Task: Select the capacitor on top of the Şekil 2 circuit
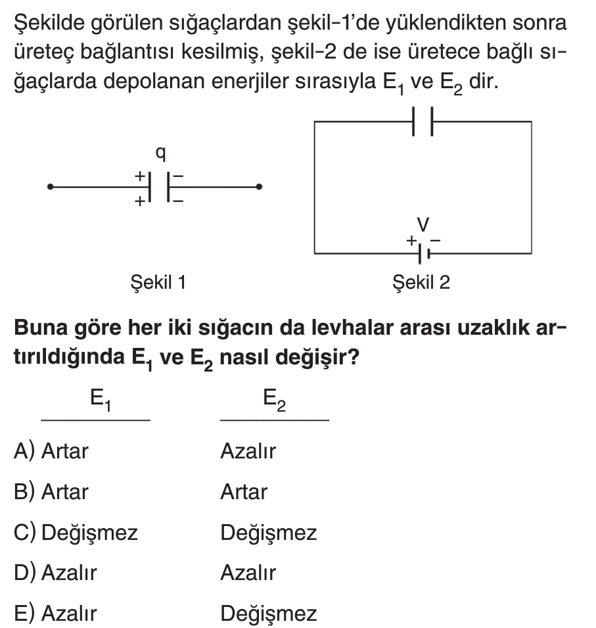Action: click(x=423, y=122)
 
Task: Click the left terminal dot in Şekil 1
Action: click(x=50, y=187)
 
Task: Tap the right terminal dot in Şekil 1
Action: click(x=260, y=187)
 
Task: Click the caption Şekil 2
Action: click(x=421, y=283)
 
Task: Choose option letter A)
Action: click(x=24, y=452)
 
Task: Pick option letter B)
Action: click(x=24, y=492)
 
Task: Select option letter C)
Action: click(x=25, y=533)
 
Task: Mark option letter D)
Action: click(x=25, y=573)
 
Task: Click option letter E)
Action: click(x=24, y=614)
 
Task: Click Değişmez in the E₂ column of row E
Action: click(x=268, y=614)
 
